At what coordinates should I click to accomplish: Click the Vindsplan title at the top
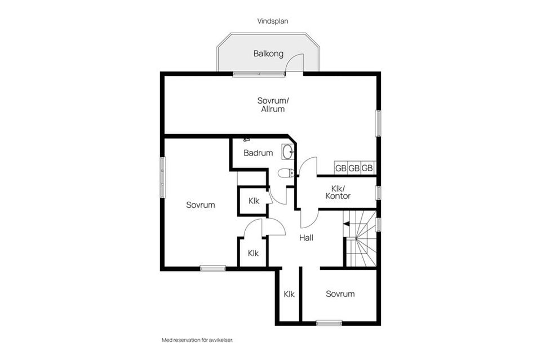[273, 21]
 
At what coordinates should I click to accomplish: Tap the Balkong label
[268, 54]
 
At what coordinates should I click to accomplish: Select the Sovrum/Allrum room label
[273, 105]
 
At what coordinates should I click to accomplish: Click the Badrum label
[258, 153]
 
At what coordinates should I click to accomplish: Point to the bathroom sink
[288, 152]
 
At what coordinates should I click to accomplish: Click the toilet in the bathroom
[286, 173]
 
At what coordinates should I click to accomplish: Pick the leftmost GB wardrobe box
[340, 168]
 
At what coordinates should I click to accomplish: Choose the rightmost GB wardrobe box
[367, 168]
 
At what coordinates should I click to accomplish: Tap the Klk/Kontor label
[338, 193]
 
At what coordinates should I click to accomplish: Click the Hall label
[306, 238]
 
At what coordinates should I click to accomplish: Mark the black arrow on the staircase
[346, 224]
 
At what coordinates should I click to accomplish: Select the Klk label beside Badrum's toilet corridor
[254, 201]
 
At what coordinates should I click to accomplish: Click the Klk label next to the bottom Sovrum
[289, 294]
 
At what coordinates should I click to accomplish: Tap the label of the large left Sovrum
[201, 205]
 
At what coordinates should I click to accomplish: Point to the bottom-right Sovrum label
[340, 294]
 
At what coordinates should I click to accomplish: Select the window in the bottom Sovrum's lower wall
[329, 323]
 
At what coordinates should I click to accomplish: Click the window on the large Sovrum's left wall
[162, 177]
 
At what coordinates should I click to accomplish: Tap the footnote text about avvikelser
[198, 340]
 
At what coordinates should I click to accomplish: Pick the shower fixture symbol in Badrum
[246, 140]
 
